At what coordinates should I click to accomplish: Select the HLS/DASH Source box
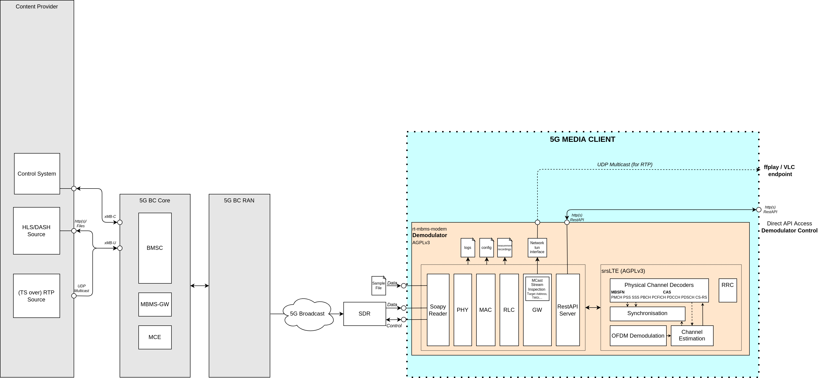coord(36,231)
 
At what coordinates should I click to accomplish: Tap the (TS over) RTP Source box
coord(36,296)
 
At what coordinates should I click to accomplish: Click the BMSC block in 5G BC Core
coord(155,248)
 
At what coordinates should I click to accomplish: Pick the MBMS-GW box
coord(155,304)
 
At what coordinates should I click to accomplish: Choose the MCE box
coord(155,337)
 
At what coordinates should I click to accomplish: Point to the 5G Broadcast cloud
coord(307,314)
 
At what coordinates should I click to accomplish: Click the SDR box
coord(364,314)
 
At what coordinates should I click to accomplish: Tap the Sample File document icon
coord(378,285)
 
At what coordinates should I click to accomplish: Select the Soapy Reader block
coord(438,310)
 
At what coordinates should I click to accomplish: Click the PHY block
coord(462,310)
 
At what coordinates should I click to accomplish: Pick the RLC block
coord(509,310)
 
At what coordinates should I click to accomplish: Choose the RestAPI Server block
coord(568,310)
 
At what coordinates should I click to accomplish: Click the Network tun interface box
coord(537,247)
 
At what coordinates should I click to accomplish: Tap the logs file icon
coord(468,247)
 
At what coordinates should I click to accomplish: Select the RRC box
coord(728,290)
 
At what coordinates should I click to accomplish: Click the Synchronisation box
coord(647,314)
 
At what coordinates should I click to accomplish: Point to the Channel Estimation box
coord(692,336)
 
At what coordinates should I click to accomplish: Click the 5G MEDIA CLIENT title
coord(583,139)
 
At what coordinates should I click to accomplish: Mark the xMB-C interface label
coord(110,217)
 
